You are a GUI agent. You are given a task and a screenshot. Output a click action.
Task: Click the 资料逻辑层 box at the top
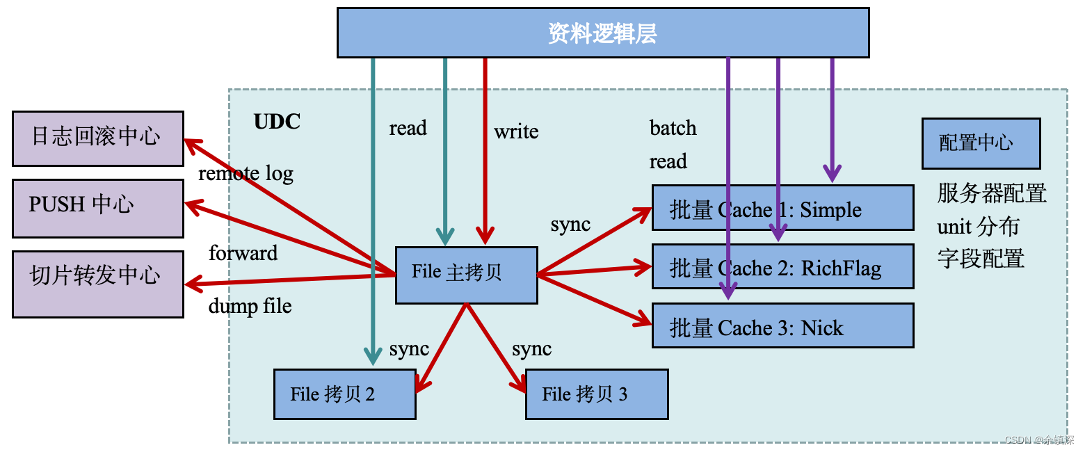[602, 33]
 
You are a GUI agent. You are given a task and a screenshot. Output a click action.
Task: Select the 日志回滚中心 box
[98, 138]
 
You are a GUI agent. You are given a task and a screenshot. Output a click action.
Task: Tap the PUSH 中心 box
[98, 208]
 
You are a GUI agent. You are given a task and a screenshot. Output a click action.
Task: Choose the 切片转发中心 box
[98, 284]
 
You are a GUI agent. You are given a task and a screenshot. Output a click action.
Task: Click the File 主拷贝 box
[466, 275]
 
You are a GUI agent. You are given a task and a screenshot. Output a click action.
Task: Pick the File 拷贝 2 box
[344, 394]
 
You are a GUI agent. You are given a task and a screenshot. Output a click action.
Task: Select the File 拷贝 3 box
[596, 394]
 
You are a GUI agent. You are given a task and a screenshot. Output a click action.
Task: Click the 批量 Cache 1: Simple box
[782, 207]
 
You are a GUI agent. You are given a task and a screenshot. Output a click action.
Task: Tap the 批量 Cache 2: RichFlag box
[782, 266]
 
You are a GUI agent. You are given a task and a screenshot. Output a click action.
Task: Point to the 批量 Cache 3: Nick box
[782, 325]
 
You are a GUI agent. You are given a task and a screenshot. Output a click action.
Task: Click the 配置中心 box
[981, 143]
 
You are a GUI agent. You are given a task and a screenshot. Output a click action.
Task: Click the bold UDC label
[277, 122]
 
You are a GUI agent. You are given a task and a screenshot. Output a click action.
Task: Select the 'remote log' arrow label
[246, 173]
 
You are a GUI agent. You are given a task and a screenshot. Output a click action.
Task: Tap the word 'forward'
[243, 253]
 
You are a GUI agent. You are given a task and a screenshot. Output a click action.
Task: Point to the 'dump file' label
[250, 306]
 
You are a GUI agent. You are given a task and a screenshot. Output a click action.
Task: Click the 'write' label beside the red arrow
[515, 131]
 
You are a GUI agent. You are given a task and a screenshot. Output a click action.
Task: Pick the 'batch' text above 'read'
[673, 128]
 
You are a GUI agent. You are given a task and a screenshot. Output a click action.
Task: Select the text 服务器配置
[991, 193]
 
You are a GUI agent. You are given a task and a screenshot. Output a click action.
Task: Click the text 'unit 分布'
[978, 227]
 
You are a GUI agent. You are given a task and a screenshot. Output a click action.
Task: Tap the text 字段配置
[981, 259]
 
